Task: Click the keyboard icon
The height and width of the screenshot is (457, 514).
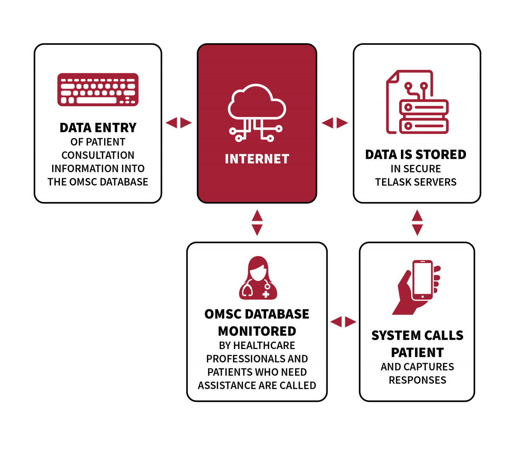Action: click(98, 90)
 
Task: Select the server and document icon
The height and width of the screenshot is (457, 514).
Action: click(417, 102)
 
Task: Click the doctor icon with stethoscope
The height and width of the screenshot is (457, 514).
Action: click(258, 278)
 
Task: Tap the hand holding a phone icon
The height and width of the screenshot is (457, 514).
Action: click(417, 287)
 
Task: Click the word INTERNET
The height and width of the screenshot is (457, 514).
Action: click(257, 159)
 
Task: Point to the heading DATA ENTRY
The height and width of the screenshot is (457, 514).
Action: click(98, 128)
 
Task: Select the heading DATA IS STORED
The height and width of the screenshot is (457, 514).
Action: click(415, 154)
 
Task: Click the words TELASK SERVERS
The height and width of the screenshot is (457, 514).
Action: click(415, 182)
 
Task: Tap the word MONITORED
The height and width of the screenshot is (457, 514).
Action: click(257, 331)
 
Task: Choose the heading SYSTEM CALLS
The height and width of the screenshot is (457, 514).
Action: click(417, 335)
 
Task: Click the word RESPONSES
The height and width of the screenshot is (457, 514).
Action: click(417, 380)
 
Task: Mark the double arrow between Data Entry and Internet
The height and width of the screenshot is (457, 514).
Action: click(179, 123)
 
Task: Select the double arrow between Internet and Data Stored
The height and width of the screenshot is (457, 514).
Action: click(335, 123)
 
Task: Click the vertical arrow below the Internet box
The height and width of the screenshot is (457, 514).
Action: click(257, 223)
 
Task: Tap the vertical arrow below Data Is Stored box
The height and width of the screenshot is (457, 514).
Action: click(417, 223)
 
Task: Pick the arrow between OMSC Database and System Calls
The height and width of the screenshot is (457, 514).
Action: click(343, 322)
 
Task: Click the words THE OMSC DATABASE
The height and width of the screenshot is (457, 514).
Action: click(98, 182)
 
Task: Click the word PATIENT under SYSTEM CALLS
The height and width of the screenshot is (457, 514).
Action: click(417, 352)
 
